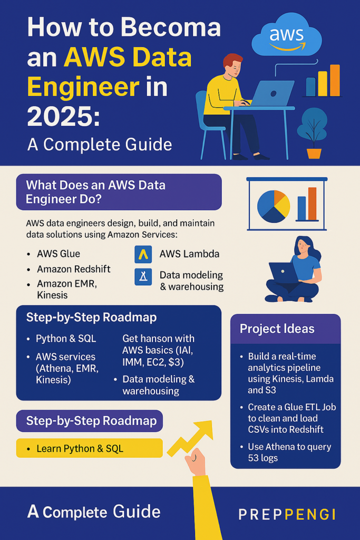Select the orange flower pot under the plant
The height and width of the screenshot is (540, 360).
pos(314,153)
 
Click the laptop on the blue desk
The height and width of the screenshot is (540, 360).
pos(272,93)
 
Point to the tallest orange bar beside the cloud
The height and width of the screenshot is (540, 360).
pos(335,80)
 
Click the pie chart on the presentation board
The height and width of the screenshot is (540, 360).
pos(274,206)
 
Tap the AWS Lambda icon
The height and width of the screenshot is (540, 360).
pos(143,255)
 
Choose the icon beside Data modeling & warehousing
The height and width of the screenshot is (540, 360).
pos(143,277)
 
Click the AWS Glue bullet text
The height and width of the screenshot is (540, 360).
pos(59,254)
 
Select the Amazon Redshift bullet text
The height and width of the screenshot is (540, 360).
pos(74,269)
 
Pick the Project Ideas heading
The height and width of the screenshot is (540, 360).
pos(277,329)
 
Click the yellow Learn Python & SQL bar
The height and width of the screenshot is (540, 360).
pos(90,448)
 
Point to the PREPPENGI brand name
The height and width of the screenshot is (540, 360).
pos(287,515)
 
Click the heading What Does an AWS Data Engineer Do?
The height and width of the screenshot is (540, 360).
pos(96,192)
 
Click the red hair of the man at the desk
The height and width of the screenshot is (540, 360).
pos(232,61)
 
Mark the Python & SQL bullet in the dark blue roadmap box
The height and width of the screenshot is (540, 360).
pos(66,339)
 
